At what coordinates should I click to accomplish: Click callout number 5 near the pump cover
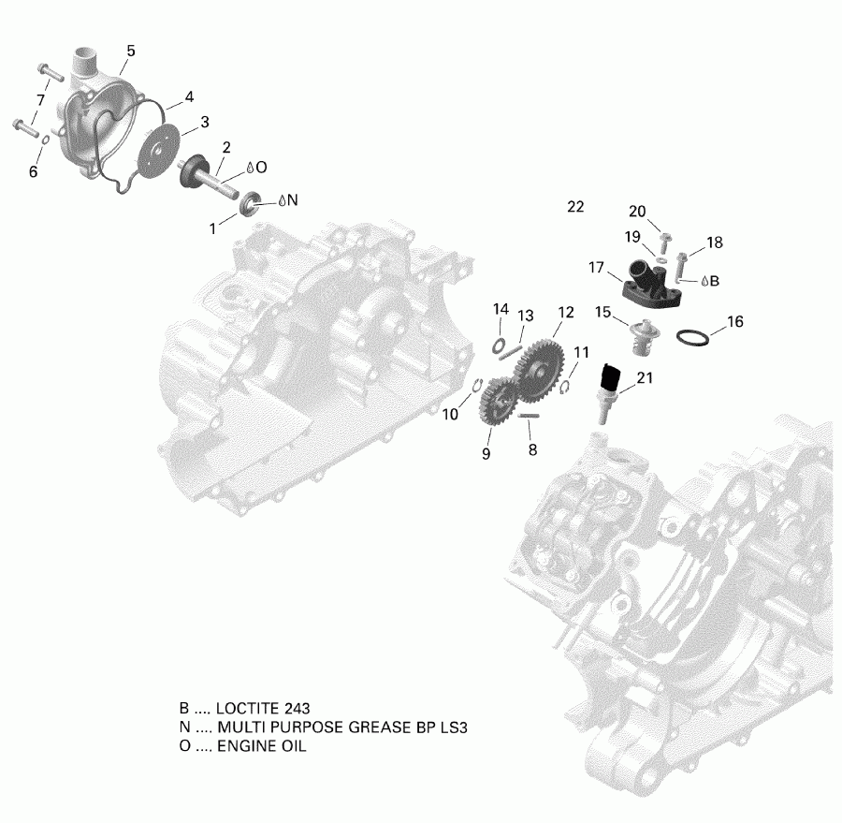point(130,51)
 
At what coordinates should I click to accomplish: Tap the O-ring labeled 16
point(692,337)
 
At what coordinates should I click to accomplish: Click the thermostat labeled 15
point(639,333)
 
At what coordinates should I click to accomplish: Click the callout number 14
point(501,308)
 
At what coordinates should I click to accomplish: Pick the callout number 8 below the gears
point(531,449)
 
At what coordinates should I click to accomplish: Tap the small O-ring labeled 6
point(45,141)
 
